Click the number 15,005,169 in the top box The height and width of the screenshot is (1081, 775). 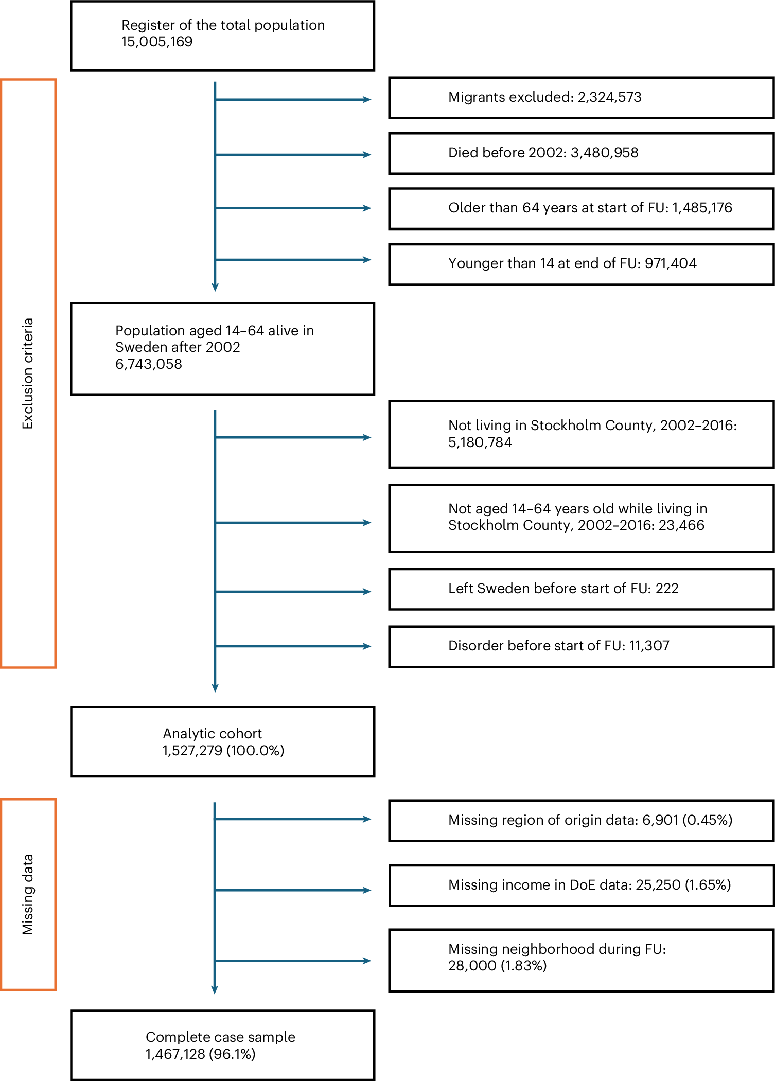(156, 42)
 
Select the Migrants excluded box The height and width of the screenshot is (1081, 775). (581, 98)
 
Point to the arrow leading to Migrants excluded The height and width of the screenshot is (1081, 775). (293, 99)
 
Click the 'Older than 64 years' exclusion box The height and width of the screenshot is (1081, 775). (581, 208)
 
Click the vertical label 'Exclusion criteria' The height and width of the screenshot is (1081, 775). (28, 374)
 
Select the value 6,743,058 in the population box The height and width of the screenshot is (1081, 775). (149, 364)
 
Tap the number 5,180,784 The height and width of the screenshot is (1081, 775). (480, 442)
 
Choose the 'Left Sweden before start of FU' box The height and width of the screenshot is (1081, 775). (581, 589)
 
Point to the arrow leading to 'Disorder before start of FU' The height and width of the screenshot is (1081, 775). (293, 646)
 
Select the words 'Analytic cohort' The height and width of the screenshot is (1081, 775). (212, 733)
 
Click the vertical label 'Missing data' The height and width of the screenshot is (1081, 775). (28, 894)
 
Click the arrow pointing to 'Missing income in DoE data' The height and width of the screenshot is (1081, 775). (293, 890)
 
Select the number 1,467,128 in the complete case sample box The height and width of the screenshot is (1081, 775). (175, 1054)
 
